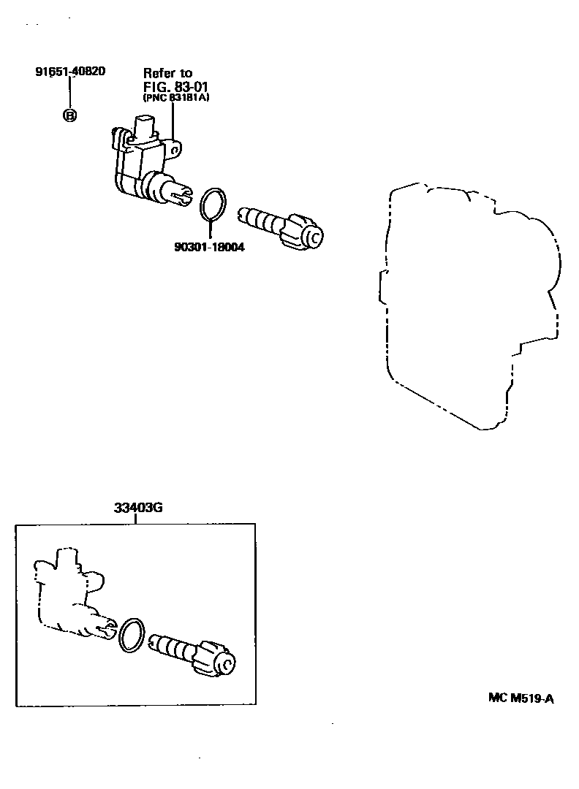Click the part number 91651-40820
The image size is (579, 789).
point(69,72)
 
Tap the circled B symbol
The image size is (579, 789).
point(69,115)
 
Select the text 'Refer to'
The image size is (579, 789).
point(167,73)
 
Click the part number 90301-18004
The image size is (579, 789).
point(208,248)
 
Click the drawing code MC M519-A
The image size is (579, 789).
point(521,698)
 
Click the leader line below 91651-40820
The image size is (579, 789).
point(69,93)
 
